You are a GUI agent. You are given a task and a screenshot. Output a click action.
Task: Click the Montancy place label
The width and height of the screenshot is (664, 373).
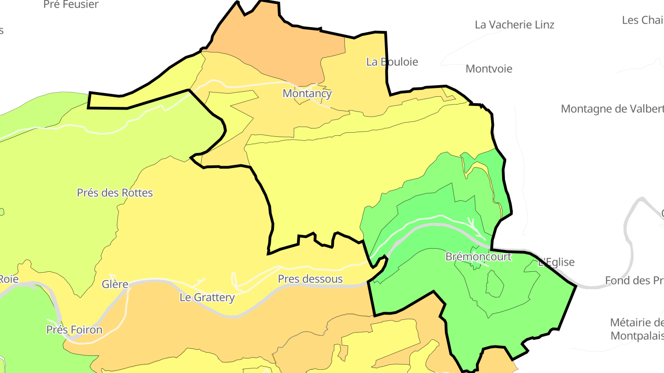(x=307, y=93)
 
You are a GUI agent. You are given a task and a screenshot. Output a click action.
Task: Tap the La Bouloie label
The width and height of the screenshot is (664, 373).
(x=392, y=62)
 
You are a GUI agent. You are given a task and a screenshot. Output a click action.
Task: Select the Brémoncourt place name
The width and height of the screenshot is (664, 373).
(x=478, y=256)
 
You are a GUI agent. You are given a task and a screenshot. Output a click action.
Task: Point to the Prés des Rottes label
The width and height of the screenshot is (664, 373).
(x=115, y=192)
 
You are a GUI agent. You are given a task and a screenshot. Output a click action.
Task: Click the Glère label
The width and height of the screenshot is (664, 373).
(x=115, y=284)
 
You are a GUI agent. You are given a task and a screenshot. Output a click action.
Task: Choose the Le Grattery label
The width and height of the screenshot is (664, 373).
(x=207, y=297)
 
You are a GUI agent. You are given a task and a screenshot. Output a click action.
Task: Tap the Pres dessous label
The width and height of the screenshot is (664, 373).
(x=310, y=279)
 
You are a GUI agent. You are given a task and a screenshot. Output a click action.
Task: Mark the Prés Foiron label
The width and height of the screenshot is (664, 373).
(x=74, y=330)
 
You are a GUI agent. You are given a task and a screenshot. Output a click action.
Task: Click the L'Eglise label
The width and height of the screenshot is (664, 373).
(x=557, y=262)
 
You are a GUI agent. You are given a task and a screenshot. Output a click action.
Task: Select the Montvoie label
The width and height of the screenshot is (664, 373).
(x=489, y=69)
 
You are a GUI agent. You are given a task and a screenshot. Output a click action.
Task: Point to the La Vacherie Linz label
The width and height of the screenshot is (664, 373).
(x=515, y=25)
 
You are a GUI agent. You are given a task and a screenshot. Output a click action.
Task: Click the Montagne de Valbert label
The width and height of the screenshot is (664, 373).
(x=612, y=109)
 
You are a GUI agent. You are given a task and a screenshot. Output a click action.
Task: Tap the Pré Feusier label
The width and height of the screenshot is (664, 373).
(x=71, y=5)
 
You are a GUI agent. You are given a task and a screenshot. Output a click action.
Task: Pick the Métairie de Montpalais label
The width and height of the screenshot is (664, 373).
(x=637, y=329)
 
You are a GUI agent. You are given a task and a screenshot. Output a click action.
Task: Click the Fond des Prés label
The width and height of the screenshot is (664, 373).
(x=634, y=280)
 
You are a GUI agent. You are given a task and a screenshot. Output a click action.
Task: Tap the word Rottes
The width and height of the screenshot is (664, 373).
(x=137, y=192)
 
